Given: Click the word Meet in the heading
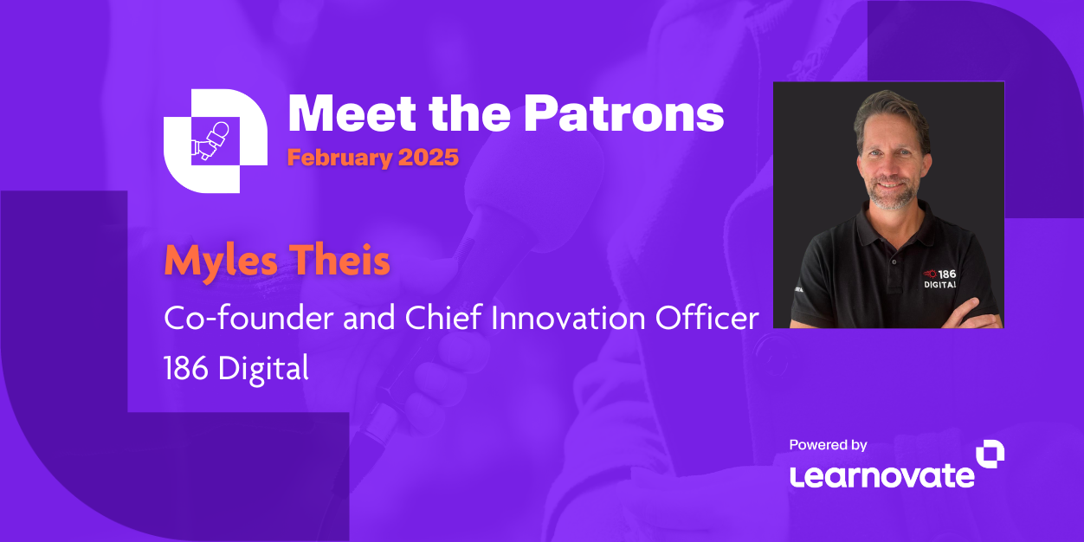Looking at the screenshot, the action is [x=352, y=113].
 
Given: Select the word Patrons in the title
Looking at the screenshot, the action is [x=623, y=113].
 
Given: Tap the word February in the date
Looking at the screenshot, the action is [x=339, y=158].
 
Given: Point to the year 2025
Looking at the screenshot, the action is [x=429, y=158].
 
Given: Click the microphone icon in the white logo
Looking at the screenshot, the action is [x=211, y=140].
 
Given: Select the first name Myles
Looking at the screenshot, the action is [x=221, y=261].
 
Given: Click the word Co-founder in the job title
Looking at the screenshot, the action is [x=248, y=318].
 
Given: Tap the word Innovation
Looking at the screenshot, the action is [x=568, y=318].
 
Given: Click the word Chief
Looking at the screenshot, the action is [x=443, y=318].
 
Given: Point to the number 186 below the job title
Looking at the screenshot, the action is [x=186, y=368].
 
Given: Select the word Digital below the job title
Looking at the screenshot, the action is [x=263, y=370].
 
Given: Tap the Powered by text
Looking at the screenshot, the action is [x=828, y=445].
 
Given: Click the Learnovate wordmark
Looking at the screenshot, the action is [x=881, y=476].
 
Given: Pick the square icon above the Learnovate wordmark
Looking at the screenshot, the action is [x=990, y=454].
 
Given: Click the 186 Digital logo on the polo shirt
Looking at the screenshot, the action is [x=939, y=280].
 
